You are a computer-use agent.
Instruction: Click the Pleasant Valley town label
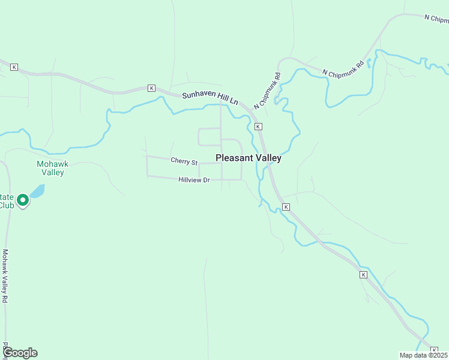point(248,158)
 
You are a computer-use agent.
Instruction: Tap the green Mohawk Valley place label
point(50,168)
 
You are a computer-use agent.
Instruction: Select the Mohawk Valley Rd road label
point(5,277)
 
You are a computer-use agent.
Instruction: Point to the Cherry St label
point(184,161)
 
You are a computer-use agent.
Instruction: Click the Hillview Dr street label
point(194,180)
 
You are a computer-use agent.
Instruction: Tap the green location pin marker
point(23,200)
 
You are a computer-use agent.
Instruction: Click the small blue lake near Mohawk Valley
point(37,191)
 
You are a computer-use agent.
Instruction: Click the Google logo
point(20,353)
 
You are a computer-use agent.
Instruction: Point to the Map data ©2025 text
point(423,355)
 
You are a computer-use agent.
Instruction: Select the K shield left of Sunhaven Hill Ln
point(151,88)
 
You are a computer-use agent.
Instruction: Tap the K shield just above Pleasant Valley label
point(258,127)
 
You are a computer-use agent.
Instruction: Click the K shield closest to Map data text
point(434,350)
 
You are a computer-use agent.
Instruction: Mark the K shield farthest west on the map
point(14,67)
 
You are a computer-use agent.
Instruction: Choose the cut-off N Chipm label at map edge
point(436,19)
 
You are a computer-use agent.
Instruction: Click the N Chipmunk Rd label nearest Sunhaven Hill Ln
point(267,91)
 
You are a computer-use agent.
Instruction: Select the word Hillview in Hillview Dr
point(190,180)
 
